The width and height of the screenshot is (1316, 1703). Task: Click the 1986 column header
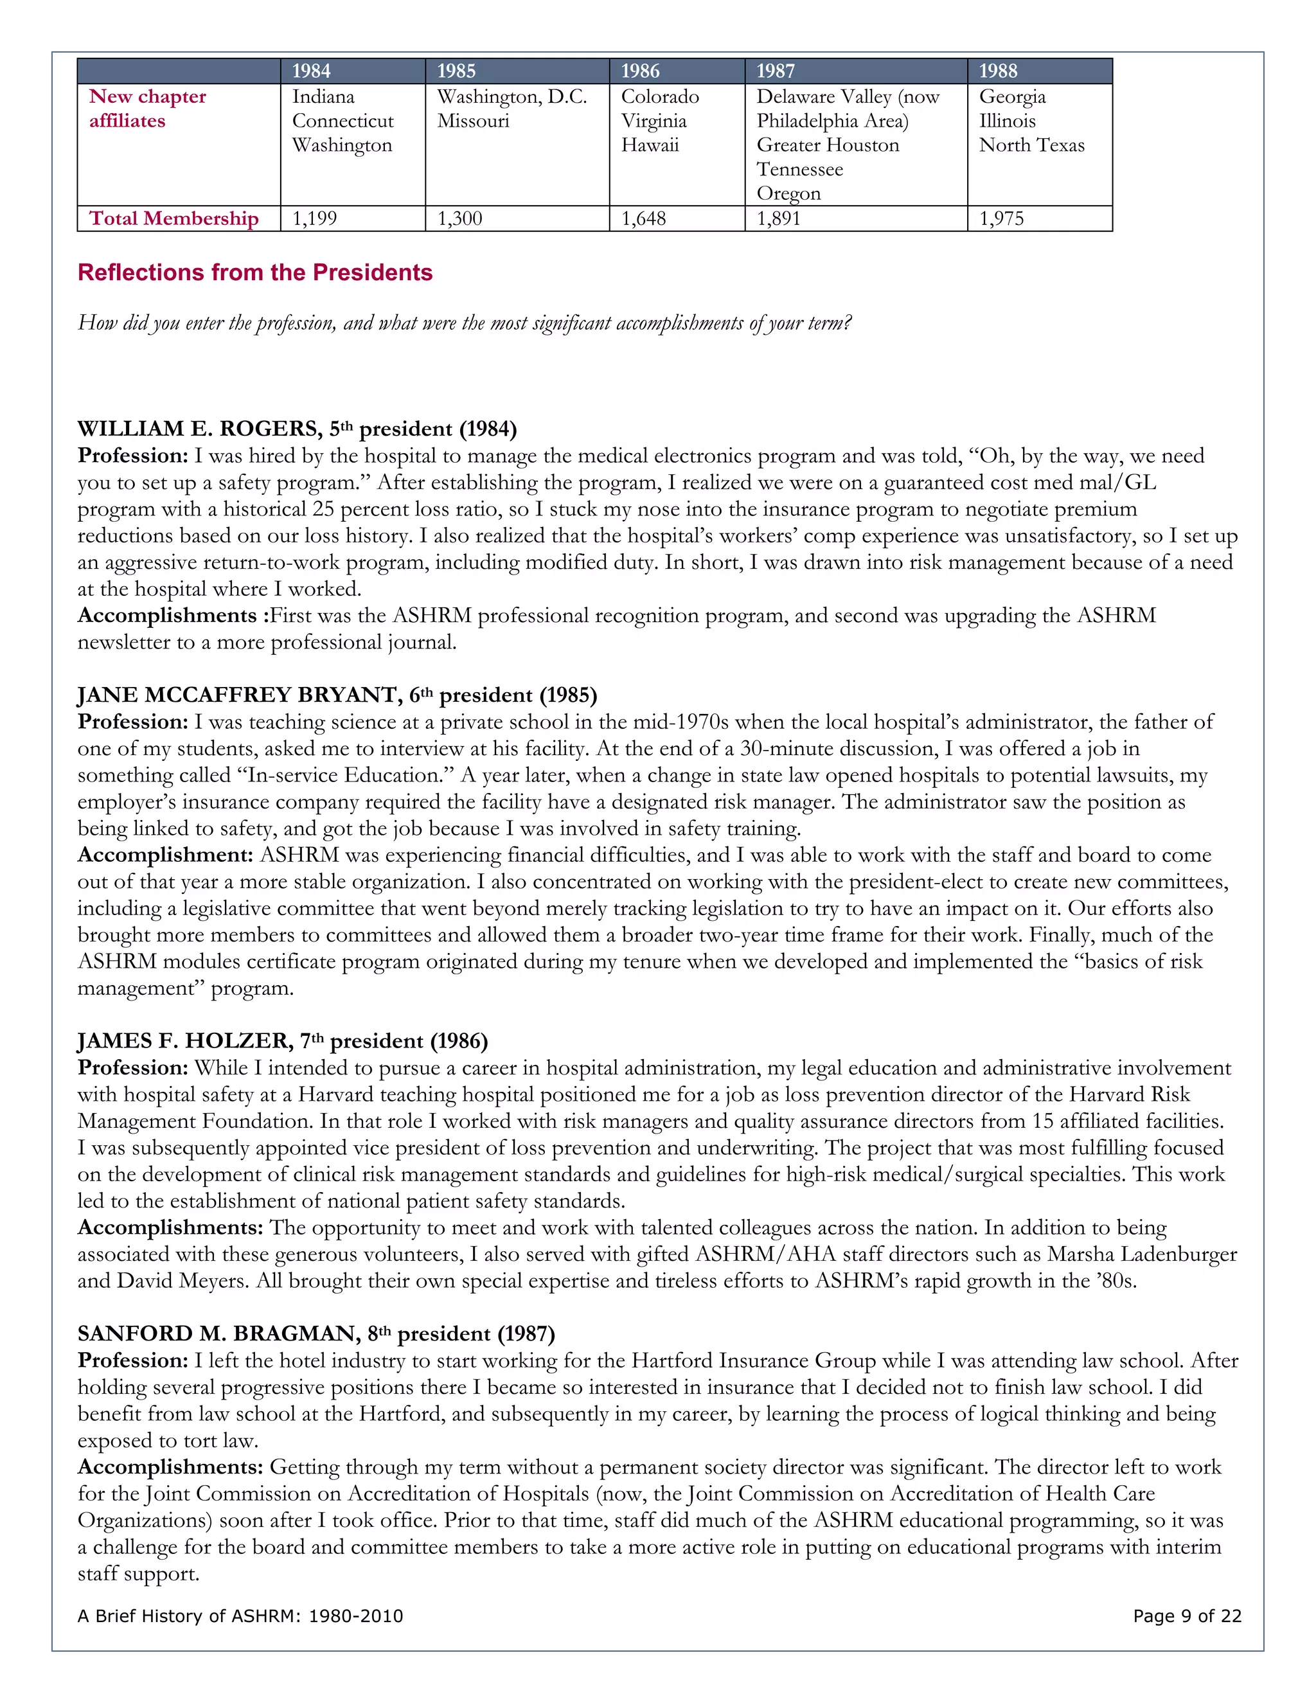point(640,71)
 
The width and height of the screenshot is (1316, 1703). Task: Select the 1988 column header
point(998,71)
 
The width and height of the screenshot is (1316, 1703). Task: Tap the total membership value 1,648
point(643,218)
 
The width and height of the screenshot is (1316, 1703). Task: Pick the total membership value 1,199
point(314,218)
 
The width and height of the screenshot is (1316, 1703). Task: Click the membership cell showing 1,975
point(1001,218)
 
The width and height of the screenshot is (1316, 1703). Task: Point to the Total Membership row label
point(174,218)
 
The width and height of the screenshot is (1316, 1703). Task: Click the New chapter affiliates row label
point(147,109)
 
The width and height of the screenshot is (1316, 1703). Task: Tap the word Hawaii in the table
point(650,145)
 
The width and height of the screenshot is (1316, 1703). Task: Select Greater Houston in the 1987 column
point(828,145)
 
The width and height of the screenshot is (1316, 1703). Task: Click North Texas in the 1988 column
point(1031,145)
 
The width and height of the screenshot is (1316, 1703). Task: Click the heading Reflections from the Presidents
point(255,272)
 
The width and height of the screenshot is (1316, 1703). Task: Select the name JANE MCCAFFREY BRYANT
point(239,695)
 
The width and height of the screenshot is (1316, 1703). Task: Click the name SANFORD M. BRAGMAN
point(219,1334)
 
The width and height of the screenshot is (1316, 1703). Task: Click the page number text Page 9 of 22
point(1187,1616)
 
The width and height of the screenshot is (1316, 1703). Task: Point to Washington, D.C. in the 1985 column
point(511,96)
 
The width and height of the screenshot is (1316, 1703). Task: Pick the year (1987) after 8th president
point(526,1334)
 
